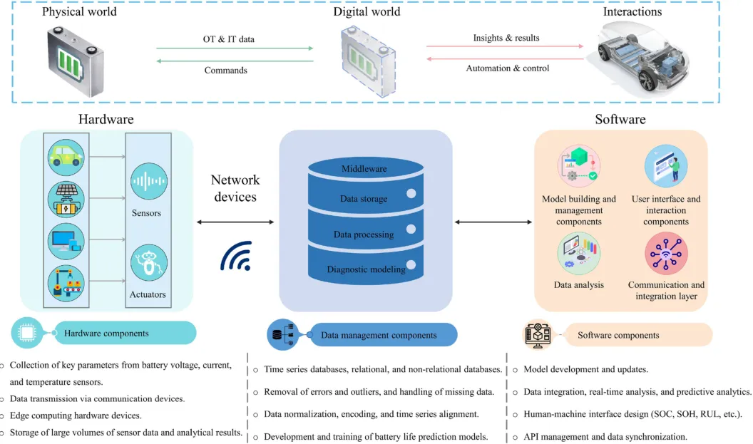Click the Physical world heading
[79, 11]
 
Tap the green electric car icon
[66, 157]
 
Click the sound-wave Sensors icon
[149, 181]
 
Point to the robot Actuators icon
[149, 262]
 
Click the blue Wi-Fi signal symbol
[236, 256]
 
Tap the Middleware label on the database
[364, 168]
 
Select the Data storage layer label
[364, 198]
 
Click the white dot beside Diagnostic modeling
[411, 264]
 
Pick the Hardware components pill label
[107, 333]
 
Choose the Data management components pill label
[379, 335]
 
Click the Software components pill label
[618, 335]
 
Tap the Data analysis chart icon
[579, 253]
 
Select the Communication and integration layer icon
[666, 253]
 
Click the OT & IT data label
[229, 39]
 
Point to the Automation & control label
[508, 68]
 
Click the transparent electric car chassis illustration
[642, 58]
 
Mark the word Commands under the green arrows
[226, 70]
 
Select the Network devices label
[235, 188]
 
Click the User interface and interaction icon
[666, 166]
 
